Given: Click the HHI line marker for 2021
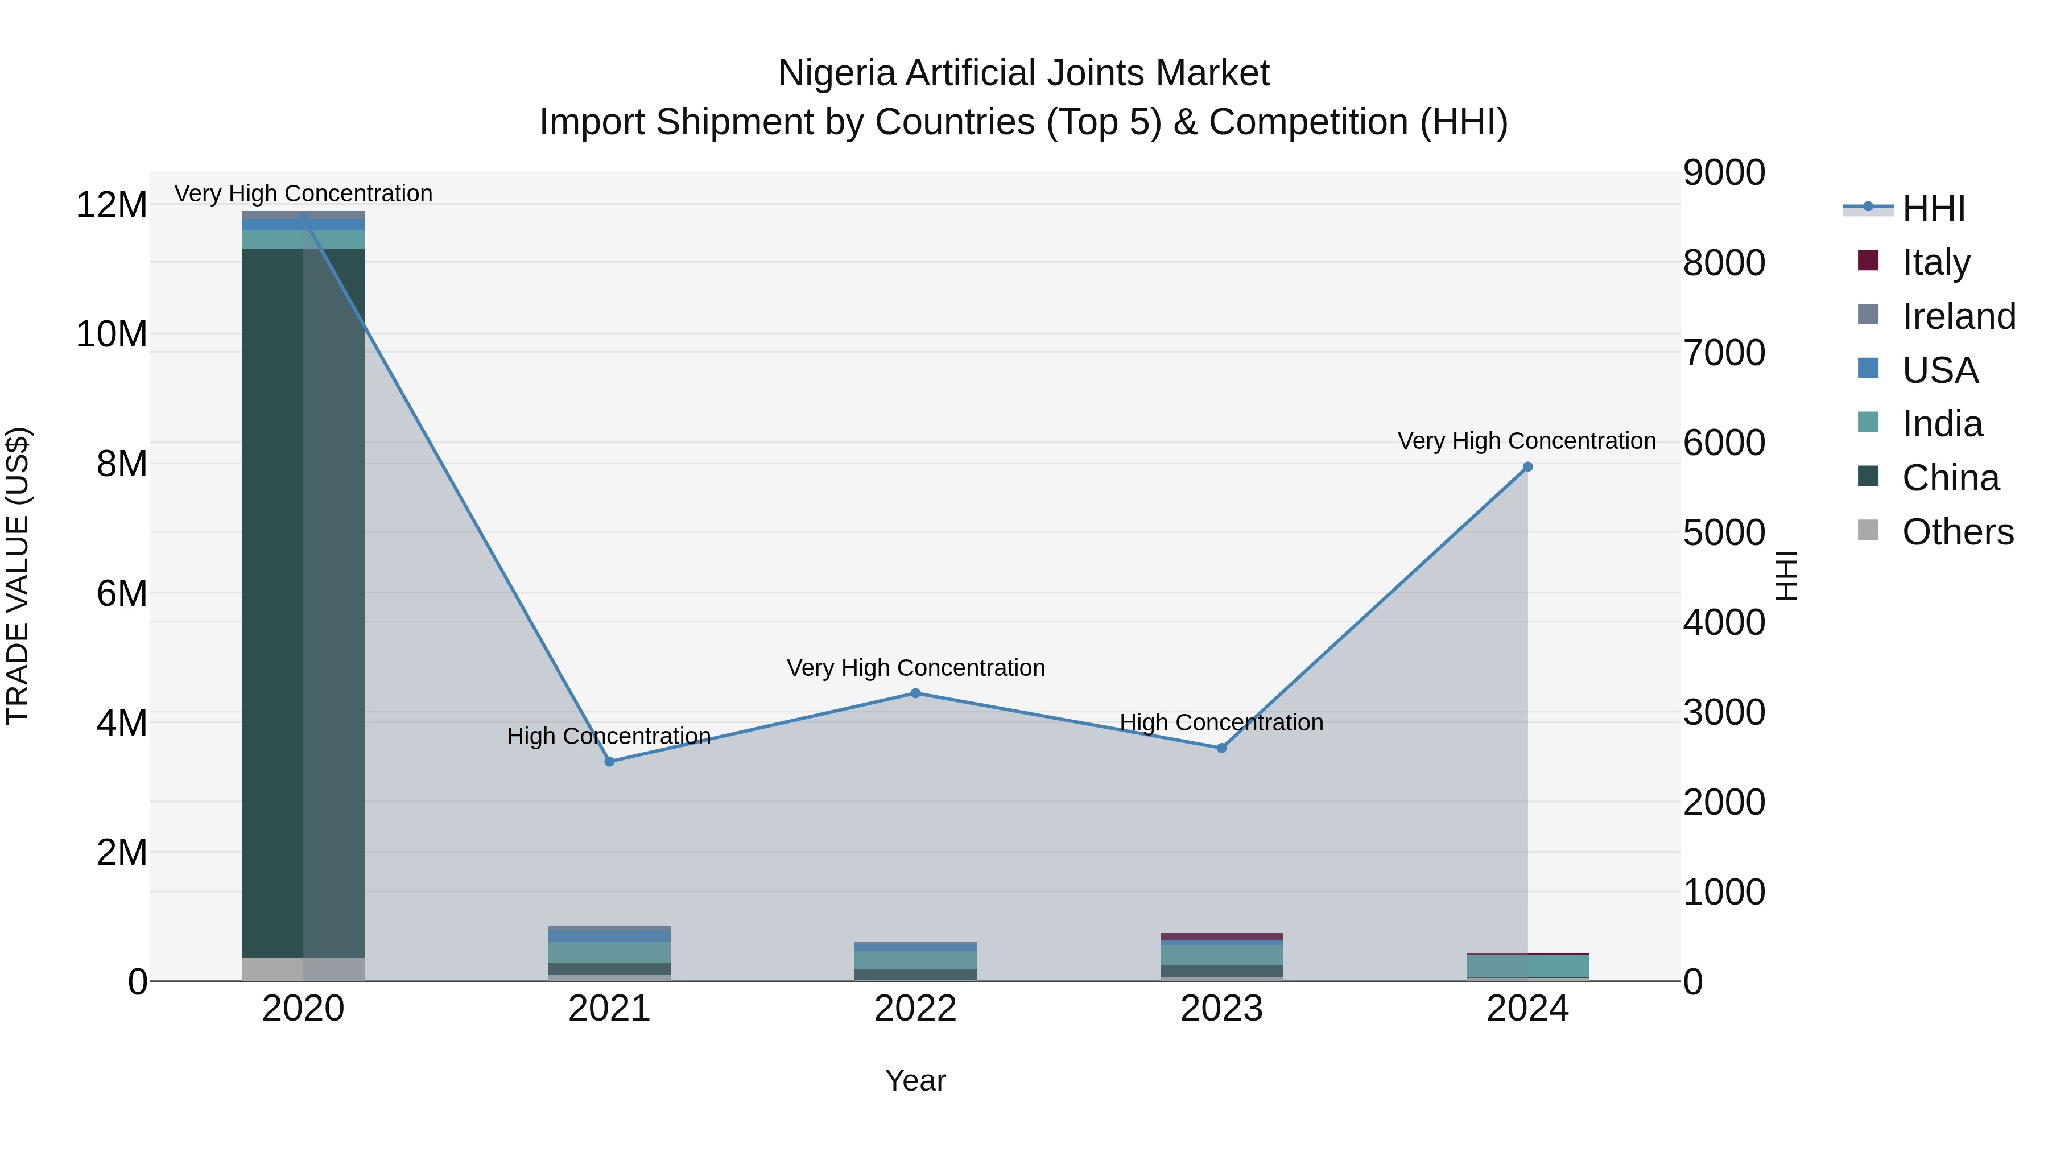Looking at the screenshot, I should tap(610, 762).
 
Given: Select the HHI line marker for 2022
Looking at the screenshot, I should tap(915, 693).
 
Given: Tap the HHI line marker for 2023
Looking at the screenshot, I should tap(1222, 748).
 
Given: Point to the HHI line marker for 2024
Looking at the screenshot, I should tap(1527, 468).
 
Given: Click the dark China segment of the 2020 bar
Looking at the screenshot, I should tap(272, 604).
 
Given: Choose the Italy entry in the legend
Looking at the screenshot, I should tap(1935, 262).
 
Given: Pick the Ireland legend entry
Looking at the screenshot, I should tap(1958, 316).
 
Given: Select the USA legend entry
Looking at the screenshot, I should tap(1939, 370).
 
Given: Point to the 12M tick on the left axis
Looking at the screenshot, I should tap(112, 205).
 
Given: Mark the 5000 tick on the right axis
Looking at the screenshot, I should tap(1724, 532).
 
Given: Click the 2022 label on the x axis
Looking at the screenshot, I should tap(915, 1009).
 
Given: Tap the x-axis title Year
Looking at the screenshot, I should tap(915, 1080).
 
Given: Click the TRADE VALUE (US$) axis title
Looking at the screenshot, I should tap(18, 576).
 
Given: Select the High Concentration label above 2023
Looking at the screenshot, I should tap(1221, 722).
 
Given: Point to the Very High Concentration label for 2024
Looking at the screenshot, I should tap(1526, 441).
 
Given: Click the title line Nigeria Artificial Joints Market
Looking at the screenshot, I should tap(1023, 73).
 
